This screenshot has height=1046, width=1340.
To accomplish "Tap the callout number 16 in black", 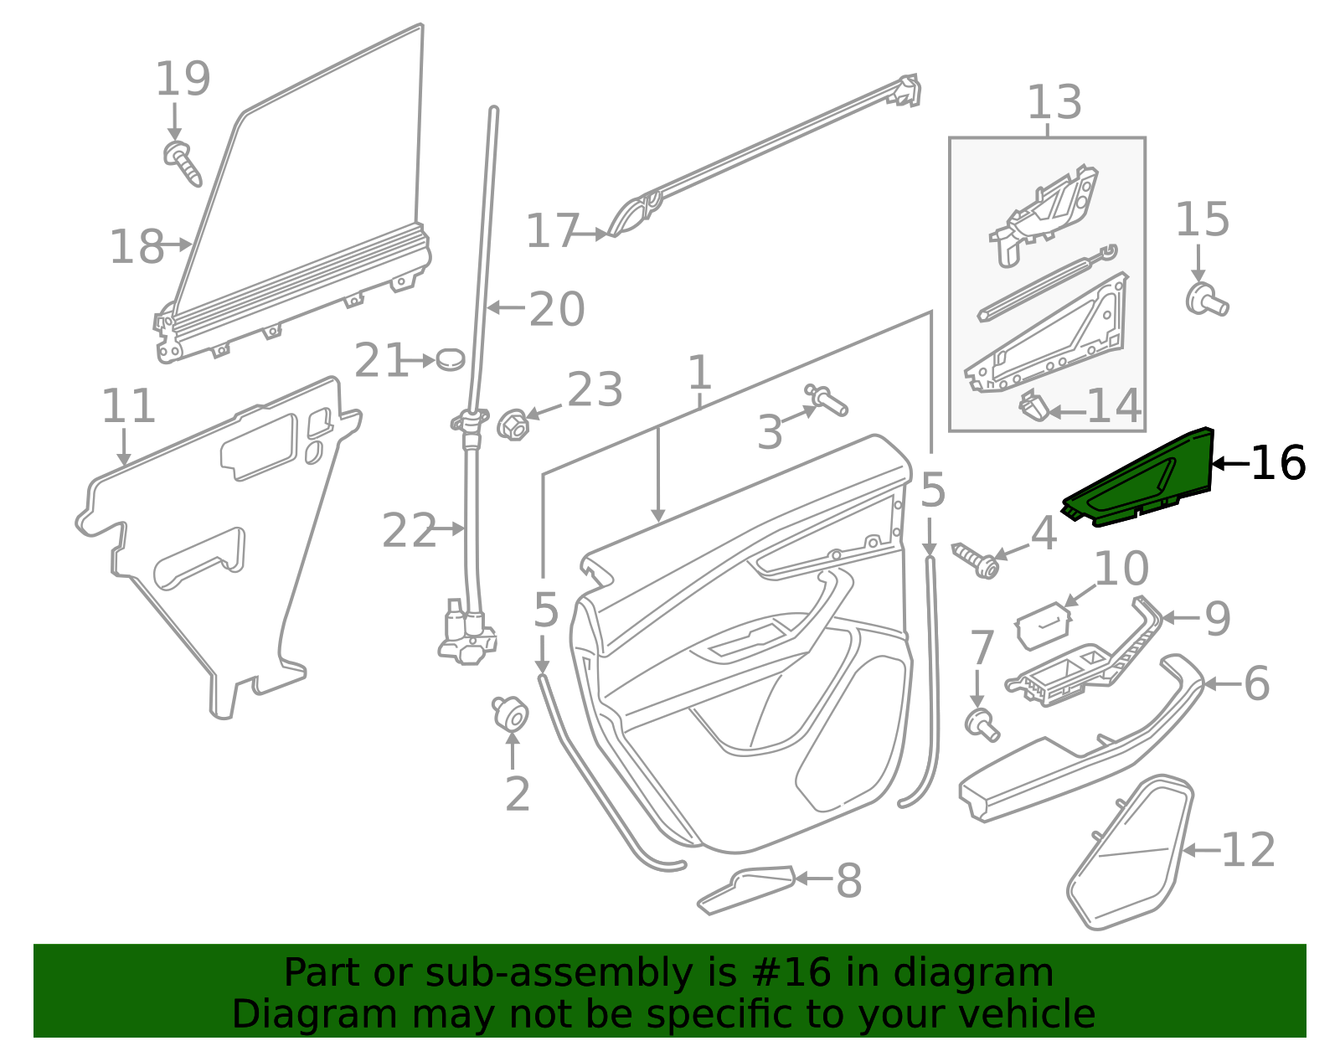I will point(1277,462).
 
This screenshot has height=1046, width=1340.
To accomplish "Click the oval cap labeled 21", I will point(451,359).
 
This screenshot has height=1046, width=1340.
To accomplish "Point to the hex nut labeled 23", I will point(513,425).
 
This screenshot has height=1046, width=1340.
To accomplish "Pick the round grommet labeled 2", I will point(510,714).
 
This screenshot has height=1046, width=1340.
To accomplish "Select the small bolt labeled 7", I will point(981,724).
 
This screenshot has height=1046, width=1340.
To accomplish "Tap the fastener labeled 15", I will point(1206,299).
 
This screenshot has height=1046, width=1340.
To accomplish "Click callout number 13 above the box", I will point(1054,102).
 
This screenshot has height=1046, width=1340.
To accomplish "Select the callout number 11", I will point(128,406).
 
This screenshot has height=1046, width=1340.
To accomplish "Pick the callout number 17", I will point(552,231).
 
